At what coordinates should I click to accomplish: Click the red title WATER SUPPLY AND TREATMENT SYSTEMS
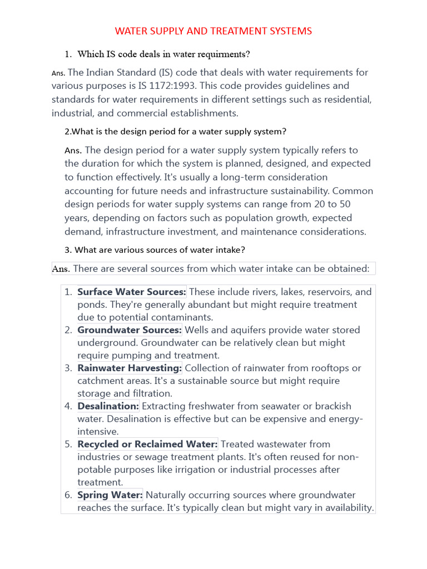point(213,31)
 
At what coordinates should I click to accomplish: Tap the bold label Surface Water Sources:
point(132,292)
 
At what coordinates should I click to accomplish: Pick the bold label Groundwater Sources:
point(130,330)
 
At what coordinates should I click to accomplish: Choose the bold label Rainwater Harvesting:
point(130,368)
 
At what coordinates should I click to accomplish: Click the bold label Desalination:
point(108,406)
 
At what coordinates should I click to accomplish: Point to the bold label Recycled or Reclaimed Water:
point(147,444)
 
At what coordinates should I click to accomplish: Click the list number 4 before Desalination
point(68,406)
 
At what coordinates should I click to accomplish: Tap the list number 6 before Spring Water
point(68,495)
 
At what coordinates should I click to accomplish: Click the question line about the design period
point(176,132)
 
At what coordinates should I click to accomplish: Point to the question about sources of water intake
point(160,250)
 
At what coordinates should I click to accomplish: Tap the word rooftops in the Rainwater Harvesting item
point(331,368)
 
